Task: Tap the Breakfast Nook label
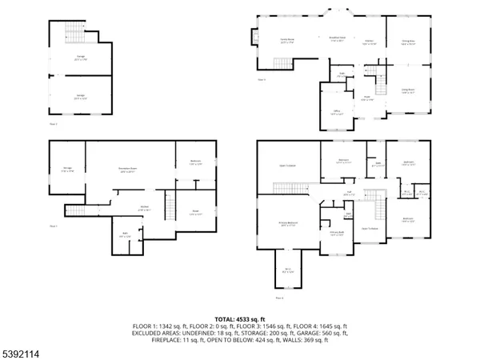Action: pos(338,38)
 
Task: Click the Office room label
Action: pos(337,113)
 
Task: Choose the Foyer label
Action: pos(366,98)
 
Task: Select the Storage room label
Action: pos(67,169)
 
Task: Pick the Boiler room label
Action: pos(194,214)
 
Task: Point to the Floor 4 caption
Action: pos(280,298)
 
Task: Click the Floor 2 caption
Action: pos(54,125)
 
